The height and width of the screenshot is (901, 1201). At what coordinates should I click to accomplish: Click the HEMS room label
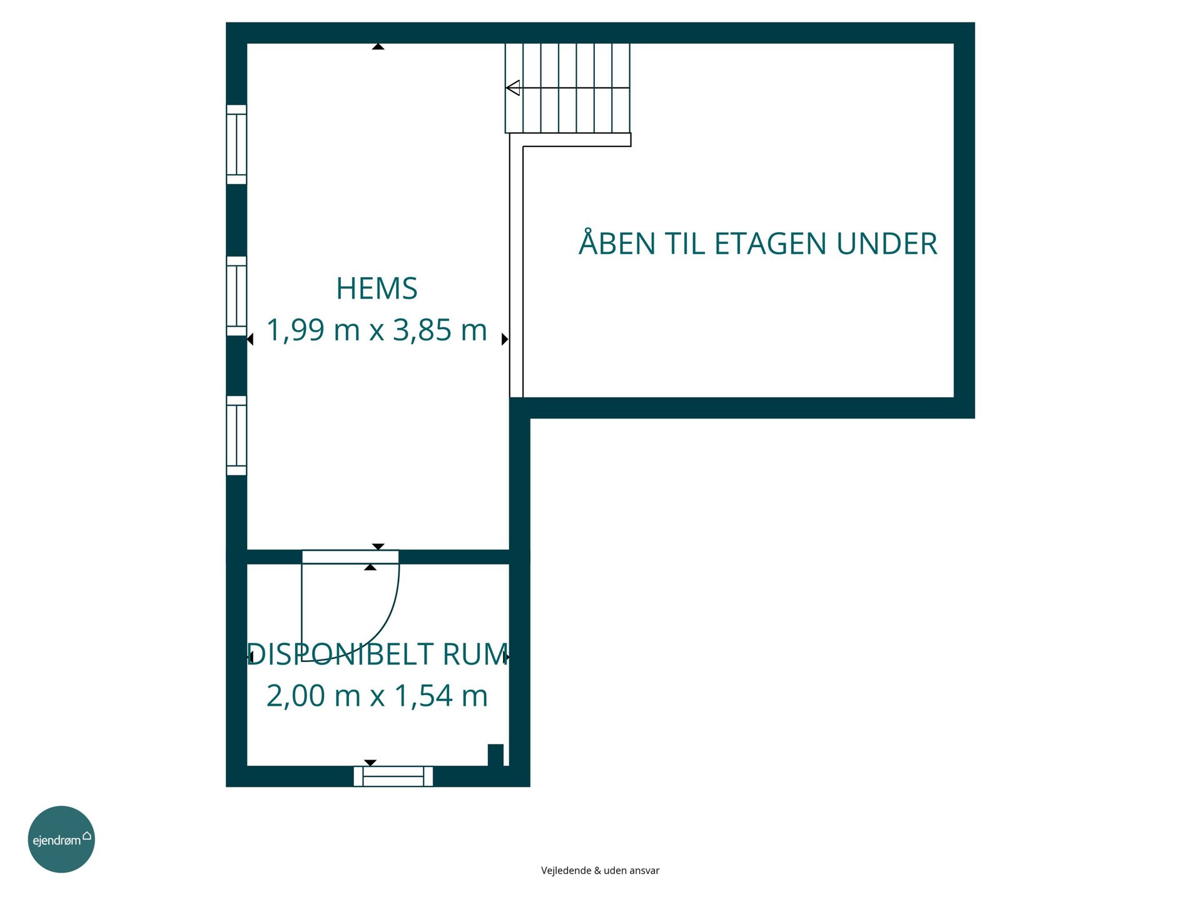377,288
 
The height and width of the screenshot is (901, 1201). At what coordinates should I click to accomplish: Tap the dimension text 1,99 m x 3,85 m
377,330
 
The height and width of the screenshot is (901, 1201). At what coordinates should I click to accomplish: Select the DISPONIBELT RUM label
378,654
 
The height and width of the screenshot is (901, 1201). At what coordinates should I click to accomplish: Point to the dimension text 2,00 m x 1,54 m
377,696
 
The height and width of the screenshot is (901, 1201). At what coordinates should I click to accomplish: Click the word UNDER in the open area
886,244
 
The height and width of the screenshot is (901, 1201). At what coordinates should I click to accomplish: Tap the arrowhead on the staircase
513,88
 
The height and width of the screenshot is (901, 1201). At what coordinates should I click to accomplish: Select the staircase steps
567,88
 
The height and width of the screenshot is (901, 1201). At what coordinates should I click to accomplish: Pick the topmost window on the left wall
236,145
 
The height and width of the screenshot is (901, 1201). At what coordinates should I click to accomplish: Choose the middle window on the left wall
236,296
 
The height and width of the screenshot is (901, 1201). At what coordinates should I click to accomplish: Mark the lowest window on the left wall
236,435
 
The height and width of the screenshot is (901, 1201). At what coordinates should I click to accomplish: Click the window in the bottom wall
393,776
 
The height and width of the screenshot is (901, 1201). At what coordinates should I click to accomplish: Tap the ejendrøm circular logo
61,839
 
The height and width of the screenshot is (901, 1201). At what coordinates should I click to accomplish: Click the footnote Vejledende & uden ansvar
600,870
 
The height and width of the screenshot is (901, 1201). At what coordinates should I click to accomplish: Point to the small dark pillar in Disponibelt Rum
495,755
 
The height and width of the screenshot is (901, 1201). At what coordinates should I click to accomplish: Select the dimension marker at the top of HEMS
378,46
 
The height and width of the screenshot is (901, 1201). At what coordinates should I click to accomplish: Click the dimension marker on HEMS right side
505,339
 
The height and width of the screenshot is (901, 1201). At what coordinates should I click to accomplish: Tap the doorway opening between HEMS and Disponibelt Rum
350,557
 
